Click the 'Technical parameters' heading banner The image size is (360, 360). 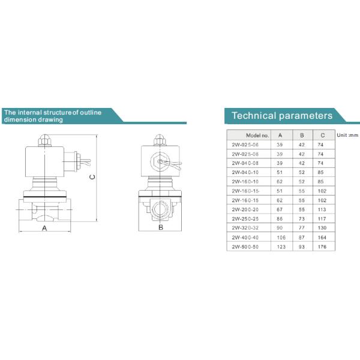pyautogui.click(x=281, y=115)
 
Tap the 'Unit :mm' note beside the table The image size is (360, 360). pyautogui.click(x=347, y=135)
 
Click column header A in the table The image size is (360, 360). pyautogui.click(x=281, y=136)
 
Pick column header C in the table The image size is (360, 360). pyautogui.click(x=322, y=136)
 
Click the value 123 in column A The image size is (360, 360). pyautogui.click(x=281, y=247)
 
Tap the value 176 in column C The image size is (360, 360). pyautogui.click(x=322, y=247)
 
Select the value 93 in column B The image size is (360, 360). pyautogui.click(x=301, y=247)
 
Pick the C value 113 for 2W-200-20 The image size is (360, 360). pyautogui.click(x=322, y=209)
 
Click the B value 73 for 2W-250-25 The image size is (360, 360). pyautogui.click(x=301, y=219)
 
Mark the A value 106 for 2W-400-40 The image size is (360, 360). pyautogui.click(x=281, y=238)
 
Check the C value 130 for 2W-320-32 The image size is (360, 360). pyautogui.click(x=322, y=228)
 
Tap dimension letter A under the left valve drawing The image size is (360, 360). pyautogui.click(x=44, y=228)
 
